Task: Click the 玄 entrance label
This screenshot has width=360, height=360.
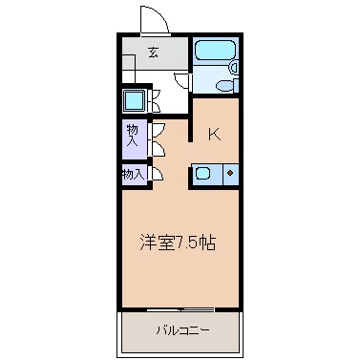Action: (154, 53)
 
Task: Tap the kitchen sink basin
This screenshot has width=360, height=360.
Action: (203, 174)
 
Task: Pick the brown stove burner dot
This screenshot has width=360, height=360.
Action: (229, 173)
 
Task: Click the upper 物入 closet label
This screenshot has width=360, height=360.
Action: (133, 136)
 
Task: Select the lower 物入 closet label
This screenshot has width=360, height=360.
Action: (134, 174)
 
